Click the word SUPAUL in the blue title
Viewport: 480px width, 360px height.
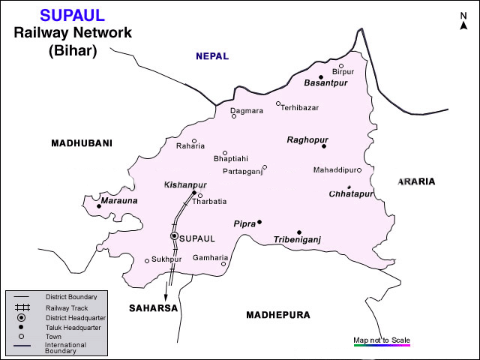tap(73, 16)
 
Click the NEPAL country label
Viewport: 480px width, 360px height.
tap(211, 56)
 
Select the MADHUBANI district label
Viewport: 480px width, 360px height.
tap(81, 143)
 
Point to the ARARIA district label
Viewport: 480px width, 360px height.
tap(416, 181)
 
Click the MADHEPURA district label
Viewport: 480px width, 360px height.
tap(277, 315)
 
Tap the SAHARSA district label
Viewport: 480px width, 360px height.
tap(153, 308)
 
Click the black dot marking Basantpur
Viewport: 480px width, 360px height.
tap(321, 76)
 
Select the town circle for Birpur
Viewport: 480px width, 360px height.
tap(341, 66)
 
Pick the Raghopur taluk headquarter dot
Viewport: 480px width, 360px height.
tap(324, 146)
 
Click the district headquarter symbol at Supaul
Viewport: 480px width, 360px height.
tap(174, 236)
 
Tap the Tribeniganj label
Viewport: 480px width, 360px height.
tap(297, 240)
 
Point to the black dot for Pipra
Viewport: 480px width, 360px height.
tap(259, 222)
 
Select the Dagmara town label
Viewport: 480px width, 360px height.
tap(247, 110)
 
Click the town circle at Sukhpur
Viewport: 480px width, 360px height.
tap(147, 261)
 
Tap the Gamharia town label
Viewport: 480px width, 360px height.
tap(209, 257)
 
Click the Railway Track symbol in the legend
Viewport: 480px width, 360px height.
tap(22, 307)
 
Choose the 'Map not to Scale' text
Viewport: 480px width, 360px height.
tap(382, 340)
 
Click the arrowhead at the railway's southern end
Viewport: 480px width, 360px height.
tap(166, 286)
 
